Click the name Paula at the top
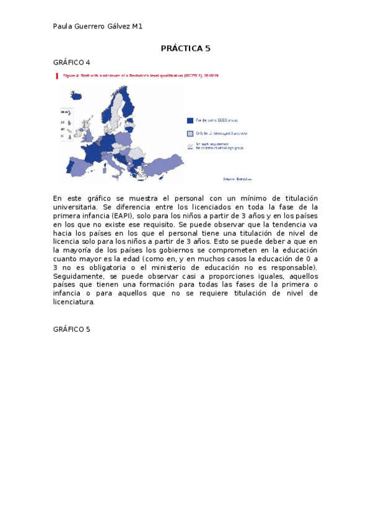tap(63, 26)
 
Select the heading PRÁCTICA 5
tap(186, 48)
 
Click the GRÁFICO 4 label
tap(72, 63)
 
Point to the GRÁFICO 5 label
tap(72, 329)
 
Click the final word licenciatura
tap(74, 302)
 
